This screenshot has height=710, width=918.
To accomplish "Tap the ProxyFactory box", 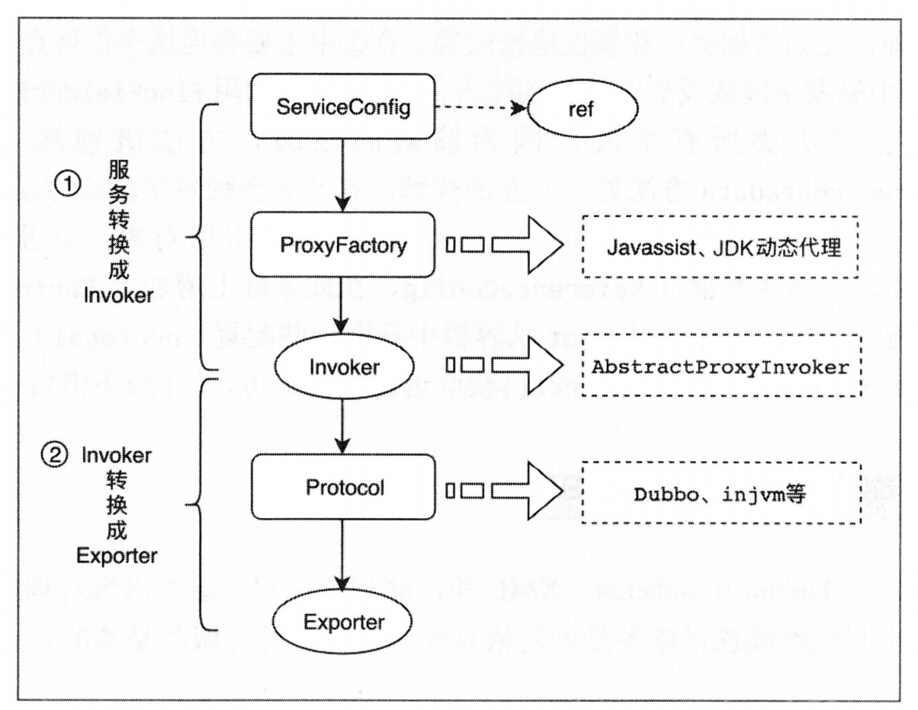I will point(342,245).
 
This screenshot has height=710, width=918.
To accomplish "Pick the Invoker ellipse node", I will point(342,366).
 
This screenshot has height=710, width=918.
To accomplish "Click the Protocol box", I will point(342,487).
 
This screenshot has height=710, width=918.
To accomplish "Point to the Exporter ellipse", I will point(342,622).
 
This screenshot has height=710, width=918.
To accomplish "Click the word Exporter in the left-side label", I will point(117,556).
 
